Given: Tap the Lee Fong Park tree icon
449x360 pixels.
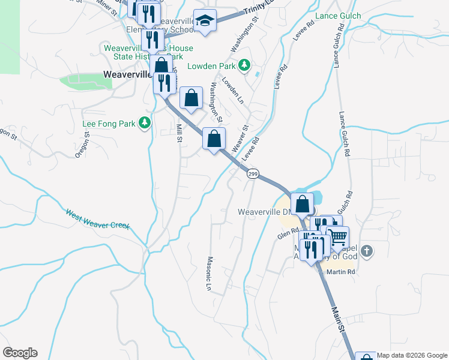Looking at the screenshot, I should (144, 123).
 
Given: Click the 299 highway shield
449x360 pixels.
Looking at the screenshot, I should (252, 173).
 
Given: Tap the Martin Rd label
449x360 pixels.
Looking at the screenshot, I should (342, 272).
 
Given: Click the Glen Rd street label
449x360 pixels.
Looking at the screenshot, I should (288, 232).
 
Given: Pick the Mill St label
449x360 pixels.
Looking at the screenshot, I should (178, 133).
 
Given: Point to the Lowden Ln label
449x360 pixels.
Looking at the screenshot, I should (232, 88).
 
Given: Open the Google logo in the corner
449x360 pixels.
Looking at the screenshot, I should (20, 353).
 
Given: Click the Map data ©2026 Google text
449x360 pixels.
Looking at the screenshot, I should (412, 355).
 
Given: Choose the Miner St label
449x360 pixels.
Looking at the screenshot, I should (108, 4).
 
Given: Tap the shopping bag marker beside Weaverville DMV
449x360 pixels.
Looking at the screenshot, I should (303, 204).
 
